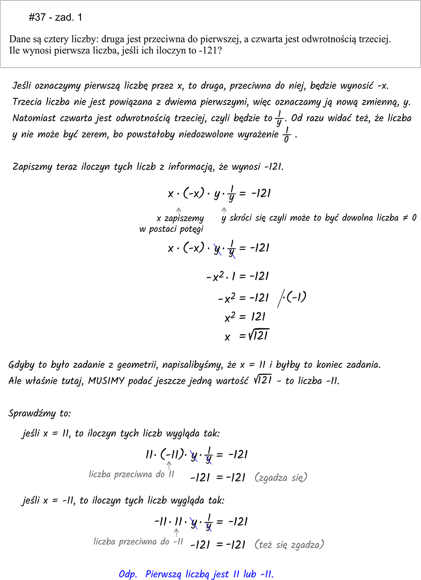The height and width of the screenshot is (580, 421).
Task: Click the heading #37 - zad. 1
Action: pos(55,17)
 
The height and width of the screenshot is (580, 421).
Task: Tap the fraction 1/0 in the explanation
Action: pos(287,135)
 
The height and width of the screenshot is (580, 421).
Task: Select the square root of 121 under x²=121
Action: pos(259,335)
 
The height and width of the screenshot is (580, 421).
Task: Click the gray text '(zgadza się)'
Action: pos(281,477)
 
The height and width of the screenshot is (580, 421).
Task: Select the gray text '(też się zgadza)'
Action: pos(289,544)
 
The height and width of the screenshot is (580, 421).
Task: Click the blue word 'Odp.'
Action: pos(128,574)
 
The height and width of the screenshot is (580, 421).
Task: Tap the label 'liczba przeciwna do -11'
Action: pos(138,541)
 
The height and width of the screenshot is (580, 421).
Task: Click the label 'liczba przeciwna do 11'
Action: pos(131,474)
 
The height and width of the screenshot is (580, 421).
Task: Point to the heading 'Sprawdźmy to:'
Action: pos(39,413)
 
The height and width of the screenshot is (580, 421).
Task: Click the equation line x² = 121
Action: pos(245,317)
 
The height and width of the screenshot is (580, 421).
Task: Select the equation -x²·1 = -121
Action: pos(237,276)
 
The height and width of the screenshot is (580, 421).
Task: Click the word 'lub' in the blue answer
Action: pos(250,574)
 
